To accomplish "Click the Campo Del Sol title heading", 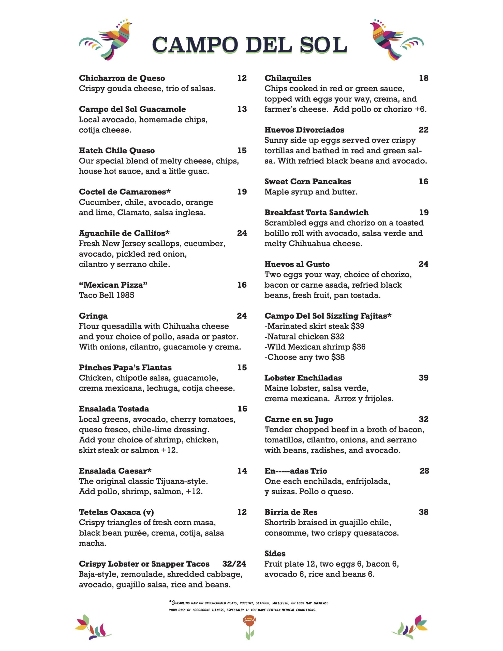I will [249, 45].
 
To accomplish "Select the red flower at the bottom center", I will [249, 627].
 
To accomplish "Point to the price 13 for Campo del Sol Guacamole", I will [242, 109].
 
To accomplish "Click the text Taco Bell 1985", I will [107, 295].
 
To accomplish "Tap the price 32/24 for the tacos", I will [234, 564].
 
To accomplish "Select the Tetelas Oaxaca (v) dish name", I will [116, 512].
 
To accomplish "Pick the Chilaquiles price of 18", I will [423, 78].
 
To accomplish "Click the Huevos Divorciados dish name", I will [304, 130].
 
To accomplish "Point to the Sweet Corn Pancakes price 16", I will [423, 182].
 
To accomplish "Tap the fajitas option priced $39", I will [314, 326].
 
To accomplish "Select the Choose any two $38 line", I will [304, 357].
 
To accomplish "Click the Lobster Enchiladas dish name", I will [303, 378].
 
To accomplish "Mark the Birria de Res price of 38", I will [423, 512].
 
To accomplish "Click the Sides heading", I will [275, 554].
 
